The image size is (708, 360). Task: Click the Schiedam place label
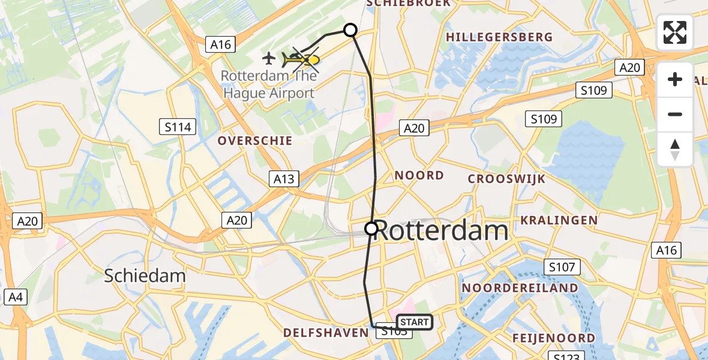pos(145,276)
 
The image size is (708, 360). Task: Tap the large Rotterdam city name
pos(441,231)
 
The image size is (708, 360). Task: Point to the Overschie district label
pos(255,141)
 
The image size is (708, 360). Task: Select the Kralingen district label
pos(559,220)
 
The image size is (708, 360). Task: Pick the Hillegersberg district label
pos(499,37)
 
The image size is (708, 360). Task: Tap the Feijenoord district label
pos(553,338)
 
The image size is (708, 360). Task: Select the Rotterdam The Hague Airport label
pos(268,85)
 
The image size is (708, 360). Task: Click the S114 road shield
pos(179,127)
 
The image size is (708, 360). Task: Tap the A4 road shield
pos(14,296)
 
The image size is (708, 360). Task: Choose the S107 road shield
pos(562,267)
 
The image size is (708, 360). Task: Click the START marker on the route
pos(414,322)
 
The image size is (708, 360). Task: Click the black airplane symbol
pos(269,58)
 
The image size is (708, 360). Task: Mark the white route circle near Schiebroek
pos(350,30)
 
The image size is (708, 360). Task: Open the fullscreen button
pos(675,32)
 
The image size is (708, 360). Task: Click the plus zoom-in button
pos(675,79)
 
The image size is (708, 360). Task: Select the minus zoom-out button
pos(675,114)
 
